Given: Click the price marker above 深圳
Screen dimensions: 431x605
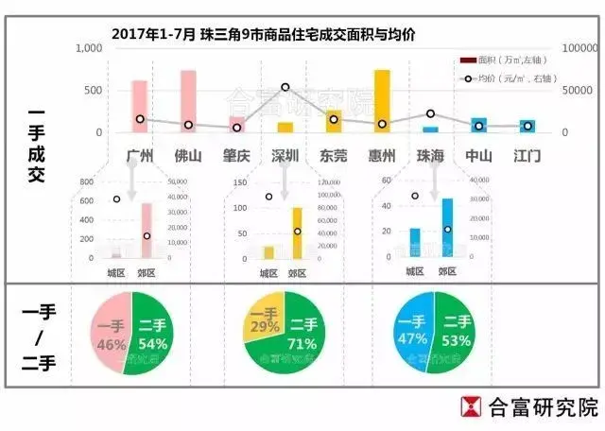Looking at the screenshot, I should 285,87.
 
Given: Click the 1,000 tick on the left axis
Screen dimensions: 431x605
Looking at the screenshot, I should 88,48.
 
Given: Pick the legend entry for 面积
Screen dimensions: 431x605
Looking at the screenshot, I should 506,60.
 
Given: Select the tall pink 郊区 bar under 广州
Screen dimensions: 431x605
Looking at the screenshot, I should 147,231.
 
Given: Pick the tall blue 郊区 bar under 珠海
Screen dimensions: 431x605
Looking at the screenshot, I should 446,228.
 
